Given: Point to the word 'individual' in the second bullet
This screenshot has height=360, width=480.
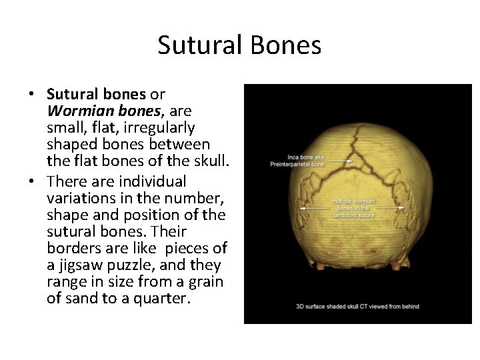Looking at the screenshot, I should pyautogui.click(x=151, y=181).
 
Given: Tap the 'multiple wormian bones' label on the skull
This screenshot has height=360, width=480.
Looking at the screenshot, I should pyautogui.click(x=353, y=207).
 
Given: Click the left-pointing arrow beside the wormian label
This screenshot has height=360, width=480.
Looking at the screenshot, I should pyautogui.click(x=315, y=208).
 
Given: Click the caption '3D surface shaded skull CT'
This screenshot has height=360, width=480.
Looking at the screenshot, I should pyautogui.click(x=357, y=307).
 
